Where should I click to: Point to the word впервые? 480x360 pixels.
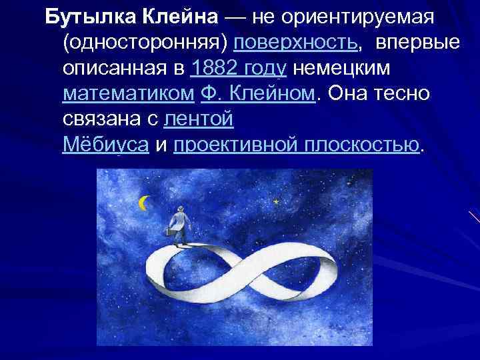click(x=417, y=42)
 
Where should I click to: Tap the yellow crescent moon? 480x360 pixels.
click(x=143, y=203)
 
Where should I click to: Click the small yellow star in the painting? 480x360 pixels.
click(x=275, y=200)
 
